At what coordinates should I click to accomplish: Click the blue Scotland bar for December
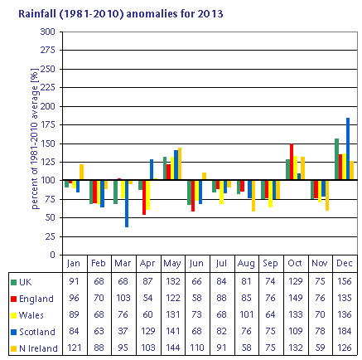pos(348,149)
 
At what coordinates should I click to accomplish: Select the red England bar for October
pos(292,162)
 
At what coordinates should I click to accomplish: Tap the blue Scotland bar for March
pos(127,204)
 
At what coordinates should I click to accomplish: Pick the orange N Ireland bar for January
pos(81,173)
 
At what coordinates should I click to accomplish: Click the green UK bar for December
pos(336,159)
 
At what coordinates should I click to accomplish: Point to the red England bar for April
pos(144,197)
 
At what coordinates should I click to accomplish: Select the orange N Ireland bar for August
pos(253,196)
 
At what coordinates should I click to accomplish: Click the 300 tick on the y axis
pos(48,32)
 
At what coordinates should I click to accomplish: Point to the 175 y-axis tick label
pos(48,124)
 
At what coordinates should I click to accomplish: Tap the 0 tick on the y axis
pos(52,255)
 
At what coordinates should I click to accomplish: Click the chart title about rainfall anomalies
pos(120,13)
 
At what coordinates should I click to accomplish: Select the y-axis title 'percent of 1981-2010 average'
pos(34,139)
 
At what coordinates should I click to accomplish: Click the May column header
pos(172,263)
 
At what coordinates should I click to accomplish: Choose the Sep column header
pos(270,263)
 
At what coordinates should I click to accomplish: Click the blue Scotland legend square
pos(13,332)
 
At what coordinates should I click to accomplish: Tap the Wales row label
pos(31,315)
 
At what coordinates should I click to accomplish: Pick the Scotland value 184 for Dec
pos(345,331)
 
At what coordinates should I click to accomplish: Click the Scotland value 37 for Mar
pos(123,331)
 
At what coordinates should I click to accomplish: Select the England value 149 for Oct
pos(296,298)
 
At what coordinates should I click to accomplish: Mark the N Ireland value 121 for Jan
pos(74,348)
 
